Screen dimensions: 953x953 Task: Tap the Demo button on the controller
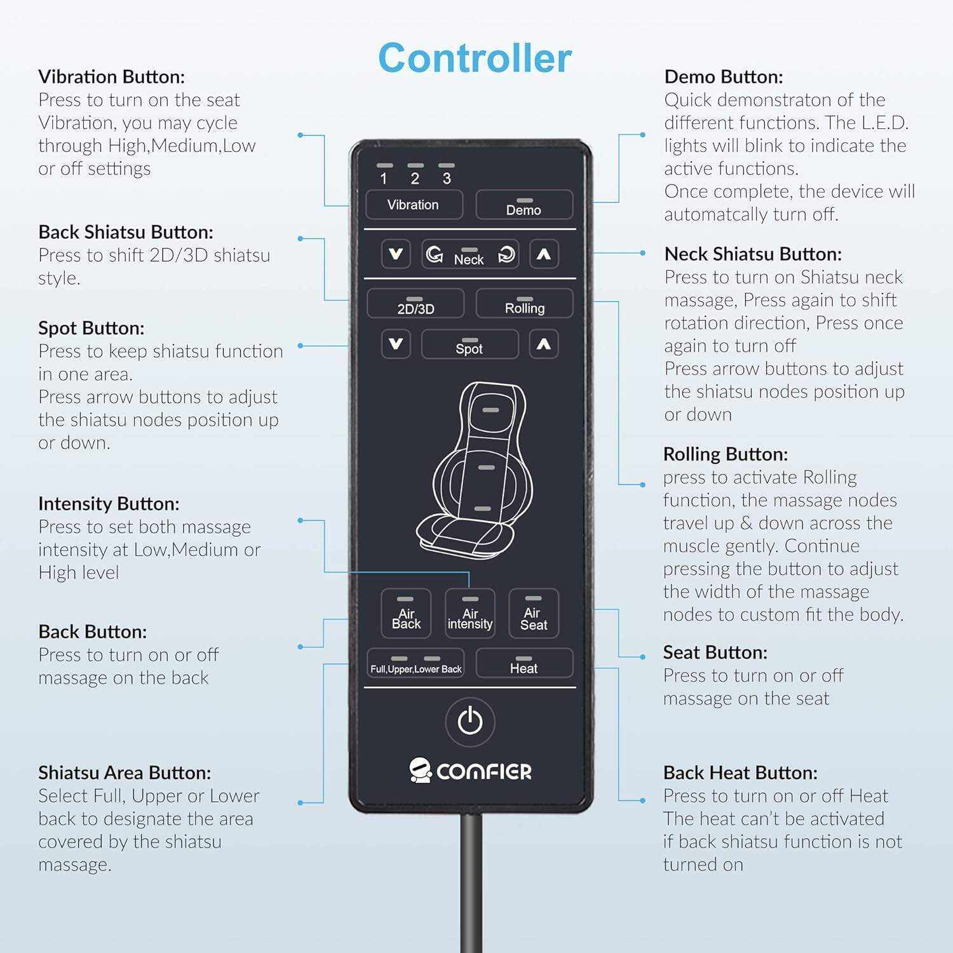point(524,205)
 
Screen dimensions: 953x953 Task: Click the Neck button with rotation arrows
point(470,255)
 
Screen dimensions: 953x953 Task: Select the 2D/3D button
point(416,304)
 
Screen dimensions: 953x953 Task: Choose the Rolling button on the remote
point(524,304)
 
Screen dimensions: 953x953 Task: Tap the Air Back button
point(406,613)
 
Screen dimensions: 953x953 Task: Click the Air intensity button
point(470,613)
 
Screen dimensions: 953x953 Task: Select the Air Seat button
point(534,613)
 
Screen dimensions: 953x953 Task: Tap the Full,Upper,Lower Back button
point(416,663)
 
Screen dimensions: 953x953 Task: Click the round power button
point(470,722)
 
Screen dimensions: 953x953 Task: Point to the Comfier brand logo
point(470,771)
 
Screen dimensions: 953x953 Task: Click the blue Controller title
point(475,58)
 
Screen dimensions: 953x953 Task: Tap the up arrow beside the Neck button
point(543,254)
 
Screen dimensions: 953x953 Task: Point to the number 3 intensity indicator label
point(447,179)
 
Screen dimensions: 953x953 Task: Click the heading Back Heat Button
point(740,773)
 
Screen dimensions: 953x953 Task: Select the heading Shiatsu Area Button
point(125,773)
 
